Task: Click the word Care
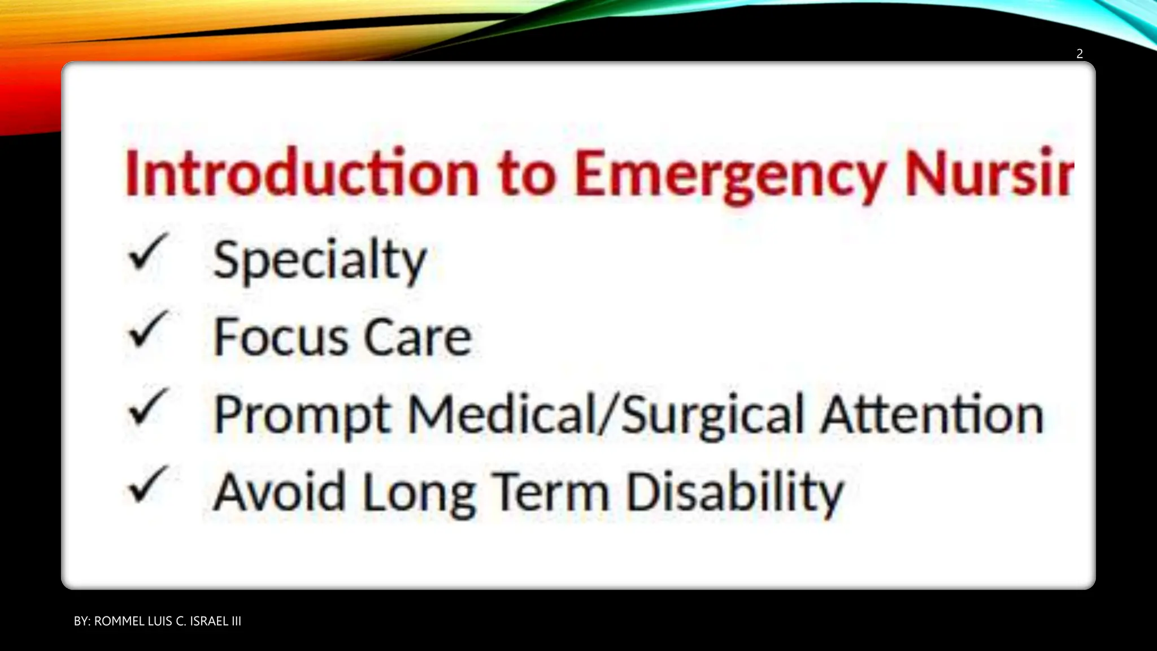click(x=417, y=337)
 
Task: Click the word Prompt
click(x=302, y=415)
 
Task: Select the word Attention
click(x=932, y=415)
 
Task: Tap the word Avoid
click(x=280, y=492)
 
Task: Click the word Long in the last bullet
click(x=419, y=493)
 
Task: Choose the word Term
click(x=551, y=492)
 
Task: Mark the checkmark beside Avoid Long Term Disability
click(x=148, y=484)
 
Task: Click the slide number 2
click(x=1079, y=54)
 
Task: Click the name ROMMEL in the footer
click(x=119, y=621)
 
